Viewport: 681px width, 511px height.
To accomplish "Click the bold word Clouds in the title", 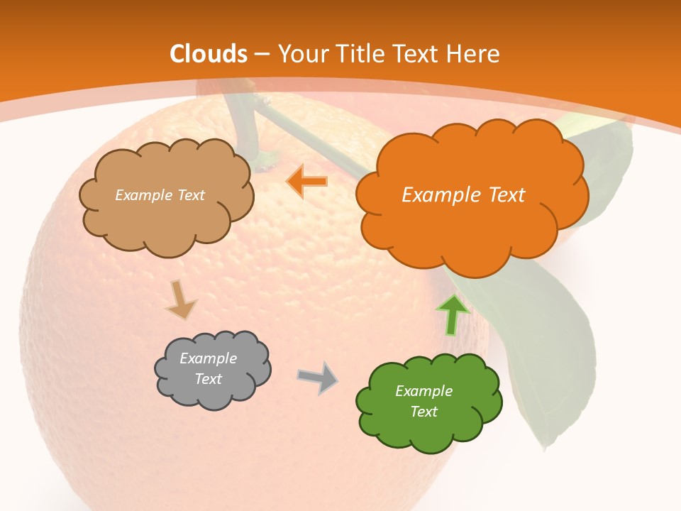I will (209, 54).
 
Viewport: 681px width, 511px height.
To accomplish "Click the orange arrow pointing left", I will (307, 182).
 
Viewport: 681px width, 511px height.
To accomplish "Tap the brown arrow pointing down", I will (180, 300).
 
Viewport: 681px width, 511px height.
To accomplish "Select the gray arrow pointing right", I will (318, 378).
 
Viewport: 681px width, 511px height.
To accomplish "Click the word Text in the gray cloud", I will (209, 379).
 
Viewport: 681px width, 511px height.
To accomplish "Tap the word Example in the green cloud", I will (423, 391).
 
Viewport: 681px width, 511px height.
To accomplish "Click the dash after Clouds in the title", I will (261, 54).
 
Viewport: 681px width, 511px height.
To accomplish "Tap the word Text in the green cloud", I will (423, 412).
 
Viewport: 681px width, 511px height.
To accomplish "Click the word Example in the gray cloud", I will (209, 358).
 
